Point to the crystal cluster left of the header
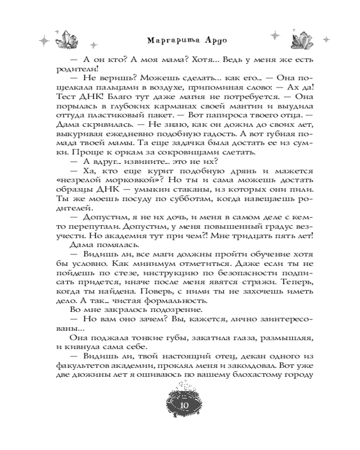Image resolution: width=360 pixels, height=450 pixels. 68,39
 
